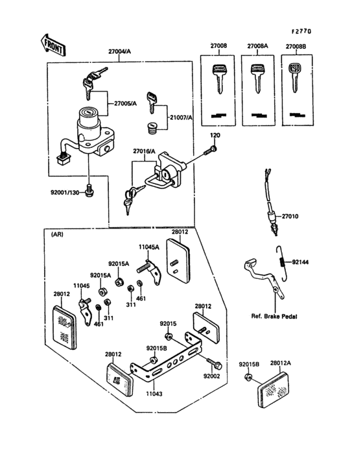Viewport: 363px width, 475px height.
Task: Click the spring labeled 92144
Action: point(280,258)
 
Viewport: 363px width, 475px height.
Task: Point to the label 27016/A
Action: point(145,151)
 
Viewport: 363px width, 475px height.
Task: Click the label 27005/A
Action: point(126,103)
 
